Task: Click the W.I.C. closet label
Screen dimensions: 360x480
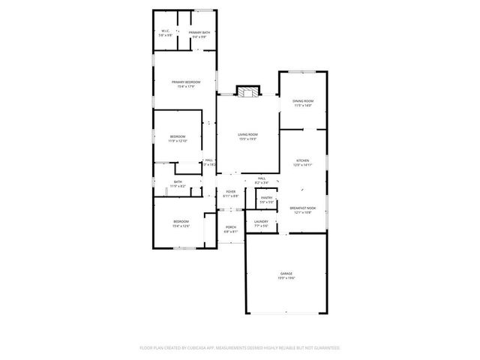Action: pos(166,31)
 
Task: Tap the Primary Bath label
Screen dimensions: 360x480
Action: pos(199,32)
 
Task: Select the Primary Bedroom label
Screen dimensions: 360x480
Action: pos(185,82)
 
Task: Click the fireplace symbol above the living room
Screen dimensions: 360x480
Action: pos(248,91)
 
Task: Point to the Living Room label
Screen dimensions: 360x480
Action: pos(248,134)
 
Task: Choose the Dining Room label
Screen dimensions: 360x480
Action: pos(302,100)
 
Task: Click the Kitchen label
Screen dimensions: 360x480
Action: pos(302,160)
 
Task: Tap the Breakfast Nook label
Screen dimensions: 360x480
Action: pos(302,208)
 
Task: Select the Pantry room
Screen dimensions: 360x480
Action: pos(266,199)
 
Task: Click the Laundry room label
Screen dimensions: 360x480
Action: pos(261,221)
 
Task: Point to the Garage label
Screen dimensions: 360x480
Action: pos(286,273)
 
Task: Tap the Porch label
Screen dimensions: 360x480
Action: pos(231,227)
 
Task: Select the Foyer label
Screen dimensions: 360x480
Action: pos(231,191)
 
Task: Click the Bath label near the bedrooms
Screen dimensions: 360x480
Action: pos(178,181)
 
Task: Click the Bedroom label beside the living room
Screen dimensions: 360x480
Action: pos(177,136)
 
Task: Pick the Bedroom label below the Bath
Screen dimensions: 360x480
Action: pos(181,221)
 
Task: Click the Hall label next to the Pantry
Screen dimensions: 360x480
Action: pos(262,178)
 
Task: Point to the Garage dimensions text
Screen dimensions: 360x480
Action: pos(286,278)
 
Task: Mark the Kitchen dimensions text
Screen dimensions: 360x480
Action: pos(302,165)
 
